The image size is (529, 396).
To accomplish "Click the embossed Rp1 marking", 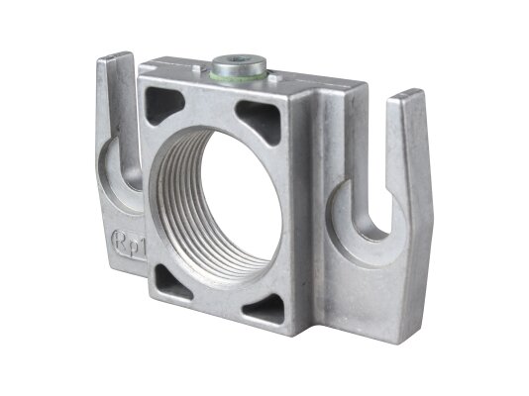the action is (129, 244).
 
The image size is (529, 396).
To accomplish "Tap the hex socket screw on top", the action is (239, 64).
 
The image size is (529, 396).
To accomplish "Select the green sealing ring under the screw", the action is (239, 76).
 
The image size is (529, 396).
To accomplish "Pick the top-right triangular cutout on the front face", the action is (262, 120).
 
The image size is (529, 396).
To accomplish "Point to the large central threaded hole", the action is (216, 202).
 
